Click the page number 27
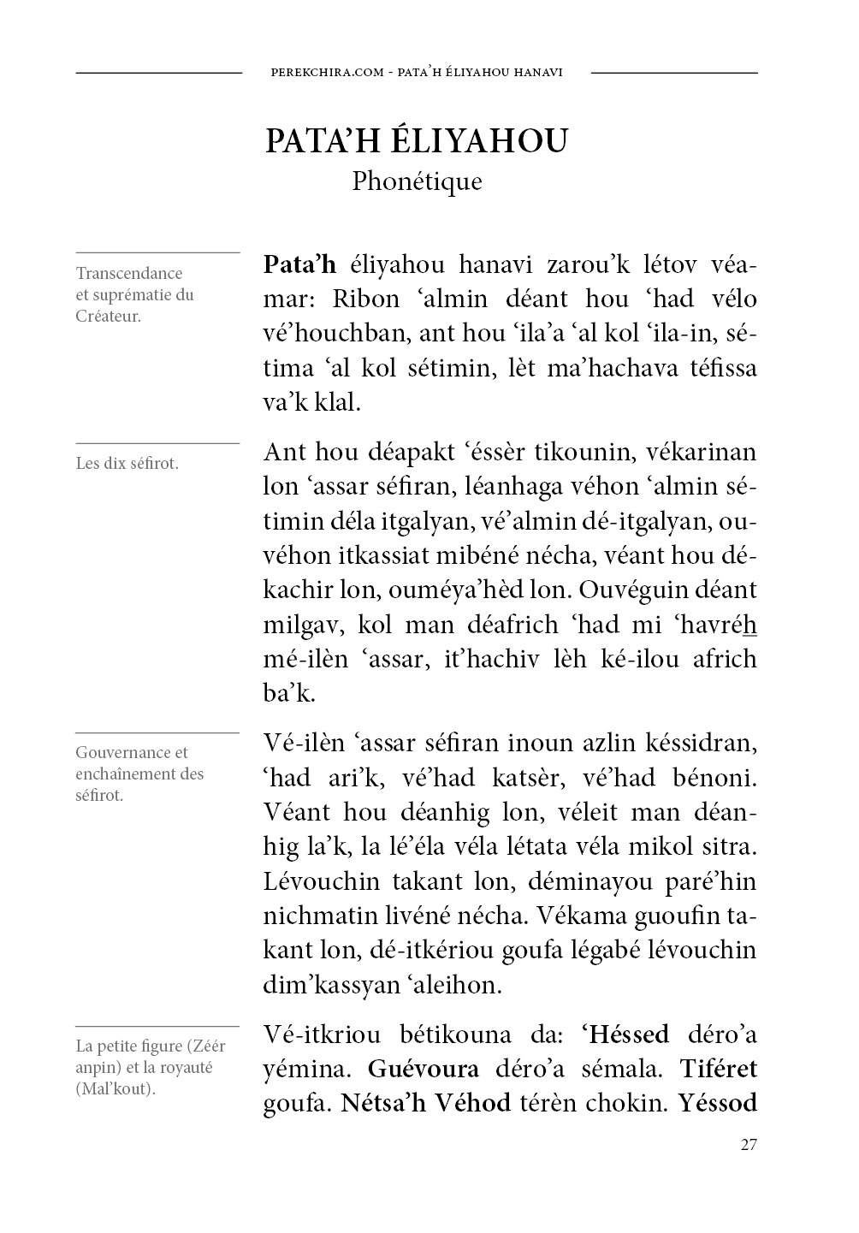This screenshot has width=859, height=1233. coord(749,1144)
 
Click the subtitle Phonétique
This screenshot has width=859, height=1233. coord(417,181)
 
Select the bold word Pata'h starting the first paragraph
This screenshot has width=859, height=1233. coord(299,264)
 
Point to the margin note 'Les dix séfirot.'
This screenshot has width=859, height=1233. coord(127,464)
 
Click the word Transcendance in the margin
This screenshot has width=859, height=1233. coord(129,274)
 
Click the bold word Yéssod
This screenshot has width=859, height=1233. coord(718,1103)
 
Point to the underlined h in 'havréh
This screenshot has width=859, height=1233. coord(751,625)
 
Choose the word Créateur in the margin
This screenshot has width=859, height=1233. coord(109,316)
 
